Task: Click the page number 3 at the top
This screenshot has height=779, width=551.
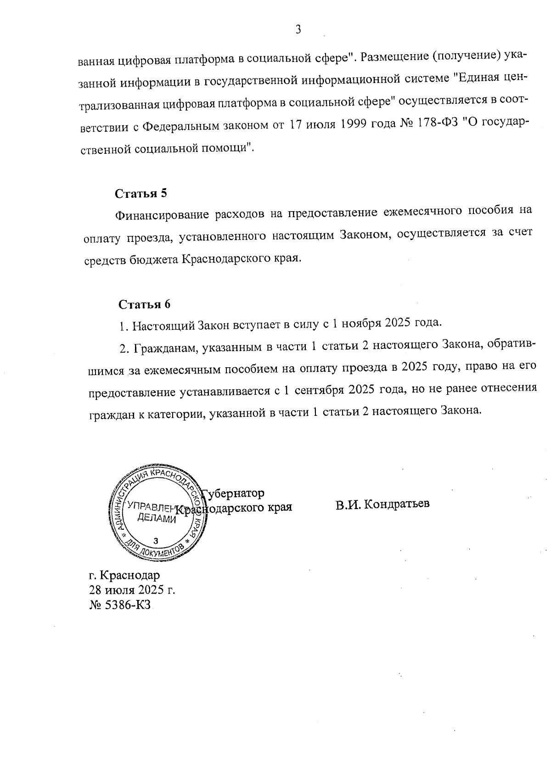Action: click(x=298, y=30)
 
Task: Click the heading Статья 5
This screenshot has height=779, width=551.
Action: click(x=141, y=193)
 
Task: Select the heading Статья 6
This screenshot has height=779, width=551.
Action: click(x=144, y=304)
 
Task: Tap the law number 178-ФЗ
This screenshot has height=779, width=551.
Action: click(x=429, y=125)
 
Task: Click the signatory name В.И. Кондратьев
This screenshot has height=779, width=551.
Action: click(x=382, y=504)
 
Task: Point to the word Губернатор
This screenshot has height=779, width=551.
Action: click(x=233, y=493)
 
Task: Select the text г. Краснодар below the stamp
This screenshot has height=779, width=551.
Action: click(x=124, y=575)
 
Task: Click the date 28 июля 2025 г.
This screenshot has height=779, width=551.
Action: click(x=132, y=590)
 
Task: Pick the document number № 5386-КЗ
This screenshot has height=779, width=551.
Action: click(x=120, y=605)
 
